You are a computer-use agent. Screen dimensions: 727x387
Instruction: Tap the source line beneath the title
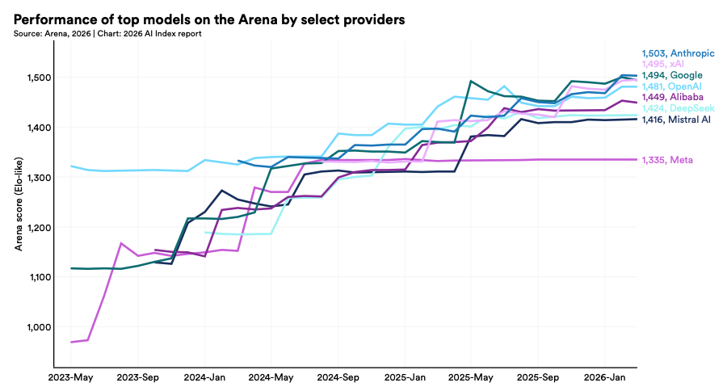pos(107,33)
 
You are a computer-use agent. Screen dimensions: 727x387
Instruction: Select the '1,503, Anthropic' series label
pos(678,53)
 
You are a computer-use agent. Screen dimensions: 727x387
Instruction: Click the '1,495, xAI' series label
pos(662,64)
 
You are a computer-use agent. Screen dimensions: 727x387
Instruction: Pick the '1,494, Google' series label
pos(672,75)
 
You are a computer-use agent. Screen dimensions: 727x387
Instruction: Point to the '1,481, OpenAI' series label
pos(672,86)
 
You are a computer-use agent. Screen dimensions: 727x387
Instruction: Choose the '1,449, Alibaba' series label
pos(672,97)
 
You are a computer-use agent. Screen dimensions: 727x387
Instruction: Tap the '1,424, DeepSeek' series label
pos(678,108)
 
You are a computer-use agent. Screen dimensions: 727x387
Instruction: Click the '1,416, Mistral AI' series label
pos(676,120)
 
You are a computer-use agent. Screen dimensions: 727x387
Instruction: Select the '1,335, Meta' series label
pos(667,160)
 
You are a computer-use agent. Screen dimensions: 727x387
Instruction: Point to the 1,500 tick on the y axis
pos(39,78)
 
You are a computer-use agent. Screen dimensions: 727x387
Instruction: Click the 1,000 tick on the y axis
pos(39,327)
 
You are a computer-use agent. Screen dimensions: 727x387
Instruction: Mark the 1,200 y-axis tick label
pos(39,227)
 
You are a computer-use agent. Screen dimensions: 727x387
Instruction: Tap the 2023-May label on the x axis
pos(70,377)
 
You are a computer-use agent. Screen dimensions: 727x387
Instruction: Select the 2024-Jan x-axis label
pos(204,377)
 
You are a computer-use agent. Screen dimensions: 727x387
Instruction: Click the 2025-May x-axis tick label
pos(471,377)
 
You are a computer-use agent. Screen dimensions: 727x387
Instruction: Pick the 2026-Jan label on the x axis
pos(604,377)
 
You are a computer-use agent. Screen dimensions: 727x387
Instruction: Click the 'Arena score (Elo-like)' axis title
pos(19,210)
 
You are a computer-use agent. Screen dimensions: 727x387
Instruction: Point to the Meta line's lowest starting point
pos(71,342)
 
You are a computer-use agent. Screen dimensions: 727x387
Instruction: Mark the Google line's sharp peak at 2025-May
pos(471,81)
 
